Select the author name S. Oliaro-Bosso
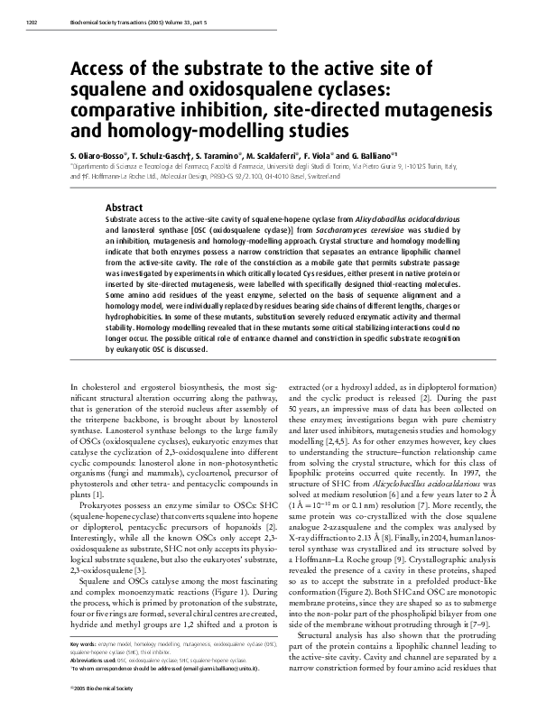point(102,155)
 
